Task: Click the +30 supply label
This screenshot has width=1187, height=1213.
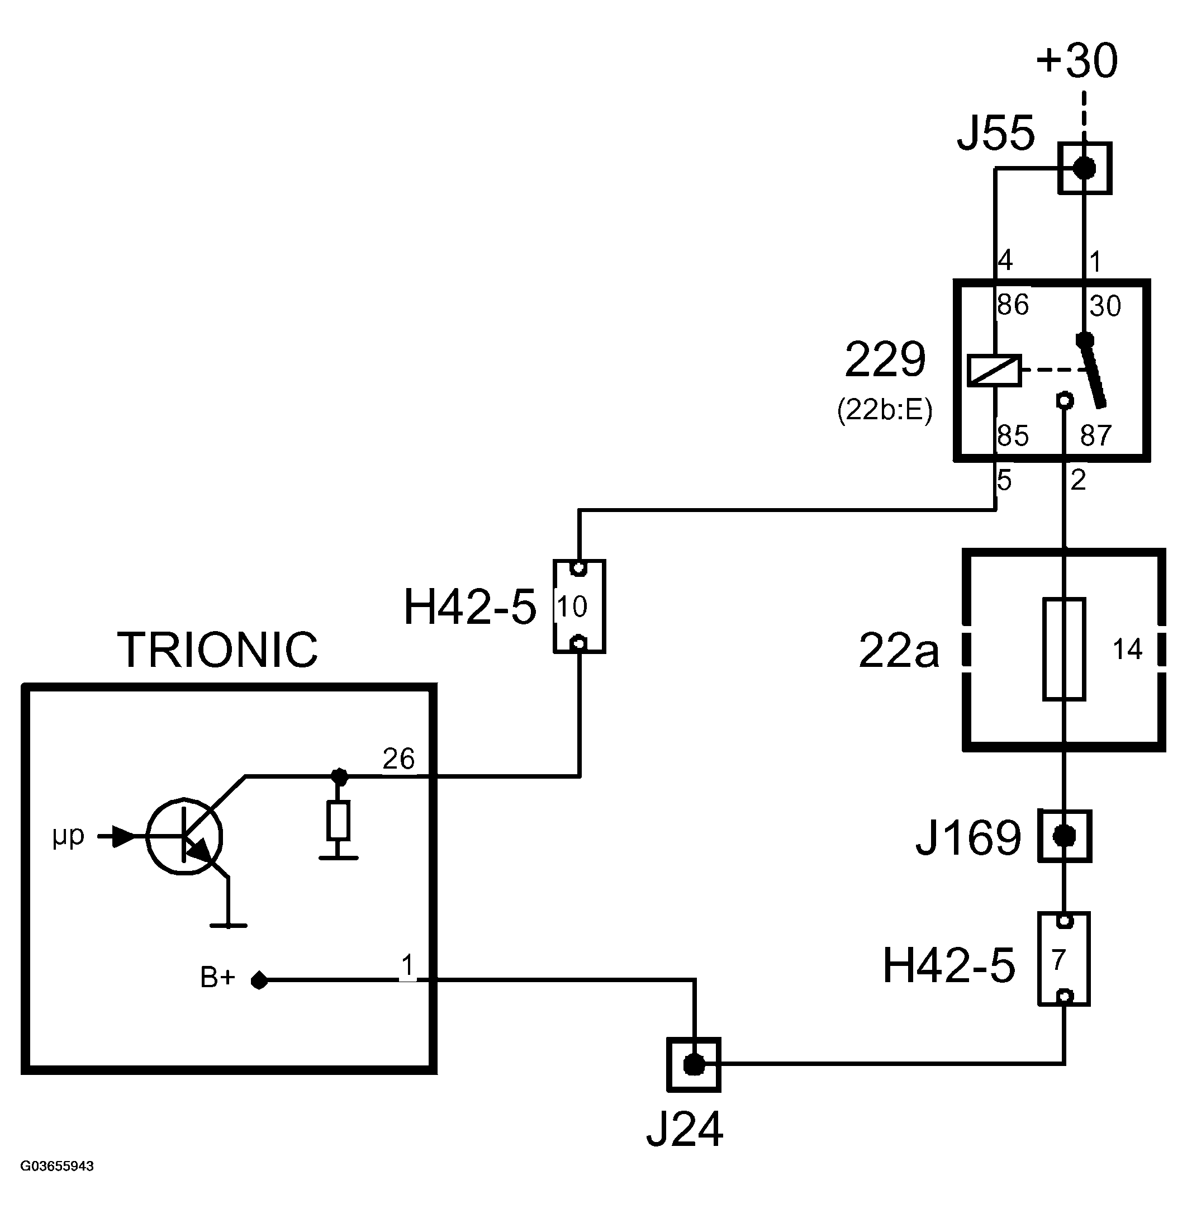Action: (1077, 61)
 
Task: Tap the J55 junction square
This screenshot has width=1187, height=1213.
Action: (1085, 168)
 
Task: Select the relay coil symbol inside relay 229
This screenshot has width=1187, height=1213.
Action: (994, 371)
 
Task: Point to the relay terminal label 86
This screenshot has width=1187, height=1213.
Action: (1013, 305)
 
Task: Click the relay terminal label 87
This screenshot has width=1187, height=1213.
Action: (1096, 435)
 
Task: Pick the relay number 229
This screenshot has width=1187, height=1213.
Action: (885, 360)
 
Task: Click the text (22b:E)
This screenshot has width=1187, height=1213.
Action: (885, 410)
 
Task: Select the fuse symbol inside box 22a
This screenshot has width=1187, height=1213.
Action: (1064, 649)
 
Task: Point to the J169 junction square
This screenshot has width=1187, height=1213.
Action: (1065, 836)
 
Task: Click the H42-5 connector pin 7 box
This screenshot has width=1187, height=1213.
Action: (1064, 959)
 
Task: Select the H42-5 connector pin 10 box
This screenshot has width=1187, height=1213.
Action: (579, 606)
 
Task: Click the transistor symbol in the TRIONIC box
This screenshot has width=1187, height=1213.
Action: (184, 836)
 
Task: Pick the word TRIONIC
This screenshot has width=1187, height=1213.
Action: (217, 650)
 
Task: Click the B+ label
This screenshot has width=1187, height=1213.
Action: (217, 978)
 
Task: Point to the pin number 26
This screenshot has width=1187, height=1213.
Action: (398, 759)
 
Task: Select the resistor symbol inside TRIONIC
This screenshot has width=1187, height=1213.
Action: (339, 821)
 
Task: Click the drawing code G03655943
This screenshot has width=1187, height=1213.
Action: (58, 1166)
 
